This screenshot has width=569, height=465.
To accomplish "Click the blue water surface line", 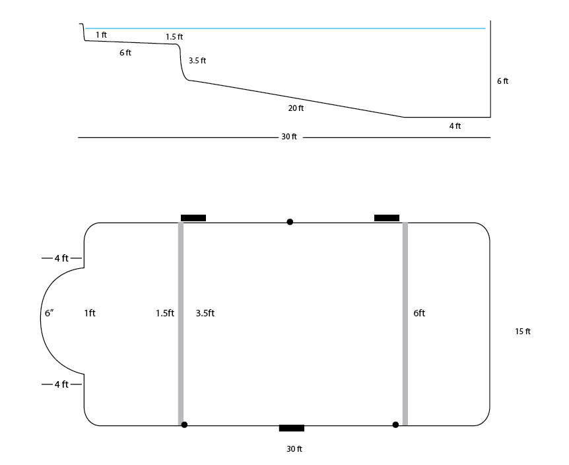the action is pos(285,28).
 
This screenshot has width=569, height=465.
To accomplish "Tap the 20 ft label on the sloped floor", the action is pos(296,108).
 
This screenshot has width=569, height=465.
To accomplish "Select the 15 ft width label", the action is pos(523,332).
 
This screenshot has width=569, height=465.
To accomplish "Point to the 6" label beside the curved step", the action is pos(50,313).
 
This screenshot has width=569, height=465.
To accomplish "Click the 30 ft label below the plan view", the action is pos(294,449).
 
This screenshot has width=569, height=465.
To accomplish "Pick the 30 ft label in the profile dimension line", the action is pos(289,137).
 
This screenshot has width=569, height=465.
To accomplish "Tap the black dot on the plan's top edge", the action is pos(290,222).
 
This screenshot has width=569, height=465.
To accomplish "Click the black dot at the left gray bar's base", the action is pos(184,425).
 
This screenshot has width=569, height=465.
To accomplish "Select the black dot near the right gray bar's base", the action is pos(395,425).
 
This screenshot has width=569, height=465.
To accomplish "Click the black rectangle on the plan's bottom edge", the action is pos(291,428).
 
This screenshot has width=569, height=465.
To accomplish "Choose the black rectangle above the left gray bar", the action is pos(193,218).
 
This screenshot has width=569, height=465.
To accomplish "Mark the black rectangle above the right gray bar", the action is pos(387,218).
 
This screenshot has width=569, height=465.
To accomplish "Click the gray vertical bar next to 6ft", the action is pos(405,324).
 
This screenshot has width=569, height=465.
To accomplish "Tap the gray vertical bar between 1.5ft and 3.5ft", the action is pos(181,324).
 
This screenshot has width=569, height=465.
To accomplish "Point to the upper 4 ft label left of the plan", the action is pos(61,258).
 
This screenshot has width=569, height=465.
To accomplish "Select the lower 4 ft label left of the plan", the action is pos(61,384).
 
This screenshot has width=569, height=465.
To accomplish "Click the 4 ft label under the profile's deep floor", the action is pos(455,126).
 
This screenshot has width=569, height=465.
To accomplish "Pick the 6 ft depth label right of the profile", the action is pos(502,81).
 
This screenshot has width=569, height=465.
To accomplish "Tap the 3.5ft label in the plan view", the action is pos(205,313).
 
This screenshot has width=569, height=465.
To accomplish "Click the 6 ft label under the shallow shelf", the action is pos(125,53).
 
